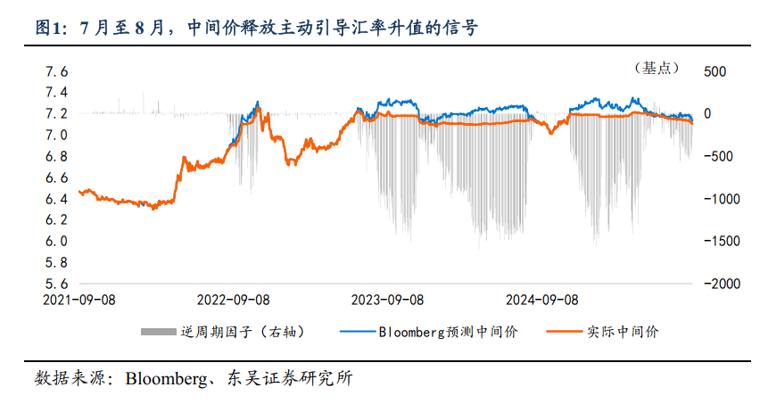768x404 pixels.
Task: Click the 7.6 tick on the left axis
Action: [x=57, y=71]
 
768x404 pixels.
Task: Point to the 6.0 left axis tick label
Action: [x=57, y=241]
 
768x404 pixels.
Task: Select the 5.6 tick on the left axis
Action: [x=57, y=284]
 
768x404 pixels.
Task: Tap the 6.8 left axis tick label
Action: [x=57, y=156]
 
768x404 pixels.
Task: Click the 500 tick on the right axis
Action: [x=715, y=71]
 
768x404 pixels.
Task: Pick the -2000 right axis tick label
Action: [x=719, y=284]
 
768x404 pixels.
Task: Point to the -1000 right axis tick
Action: [x=719, y=199]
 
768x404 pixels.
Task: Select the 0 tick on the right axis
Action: [x=708, y=114]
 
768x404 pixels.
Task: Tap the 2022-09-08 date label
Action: [x=234, y=301]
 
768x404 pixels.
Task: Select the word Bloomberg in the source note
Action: [x=162, y=377]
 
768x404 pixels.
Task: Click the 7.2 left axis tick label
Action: [x=57, y=114]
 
